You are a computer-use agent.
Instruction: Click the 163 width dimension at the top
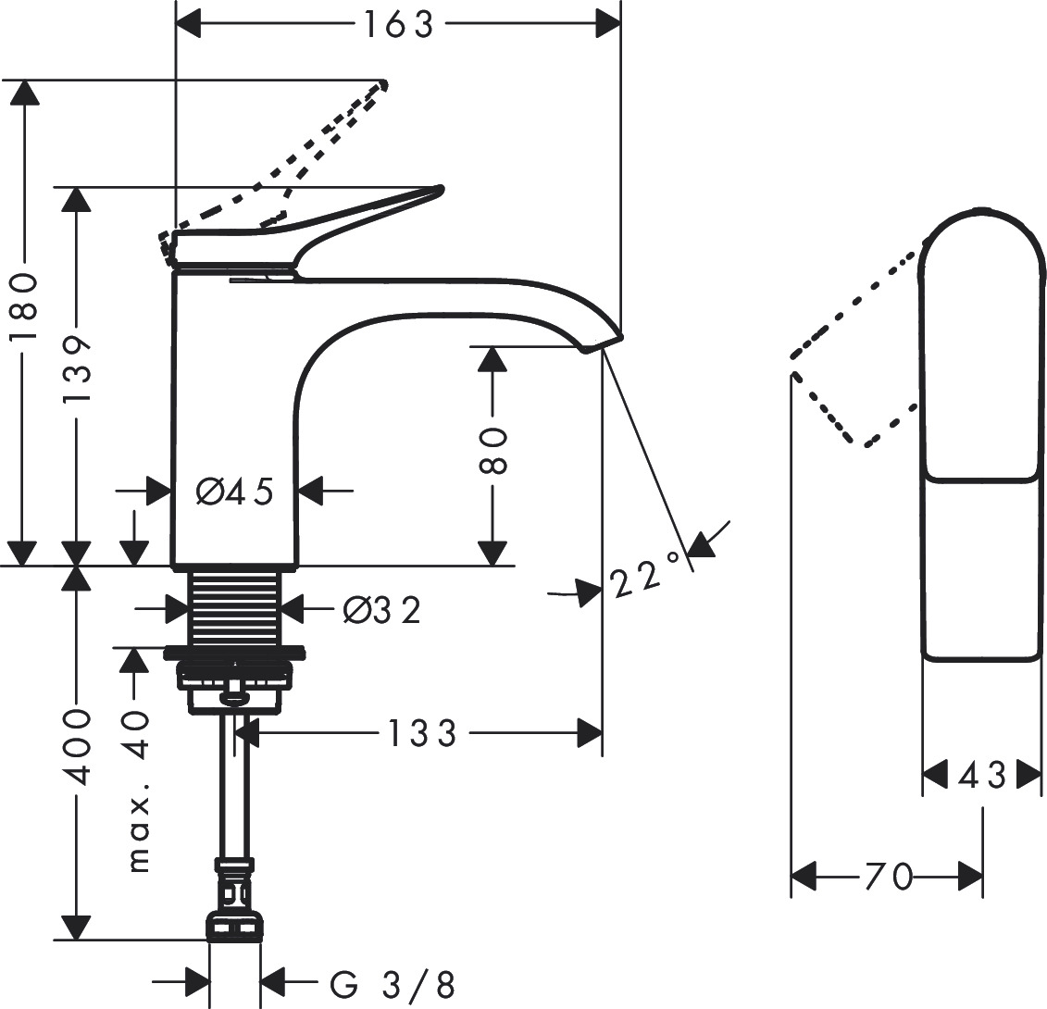point(397,25)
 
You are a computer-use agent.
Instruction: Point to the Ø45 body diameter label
point(235,492)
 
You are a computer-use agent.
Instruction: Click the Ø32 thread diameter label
point(381,609)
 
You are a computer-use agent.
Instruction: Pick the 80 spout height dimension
point(494,451)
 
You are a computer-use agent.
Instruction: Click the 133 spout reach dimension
point(422,733)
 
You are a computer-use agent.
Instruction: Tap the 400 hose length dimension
point(78,748)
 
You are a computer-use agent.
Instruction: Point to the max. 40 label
point(136,791)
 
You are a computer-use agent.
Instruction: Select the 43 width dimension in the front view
point(982,775)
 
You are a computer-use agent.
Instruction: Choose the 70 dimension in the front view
point(889,875)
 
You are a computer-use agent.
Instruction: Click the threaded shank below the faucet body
point(235,607)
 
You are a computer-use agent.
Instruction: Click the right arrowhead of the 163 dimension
point(608,25)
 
